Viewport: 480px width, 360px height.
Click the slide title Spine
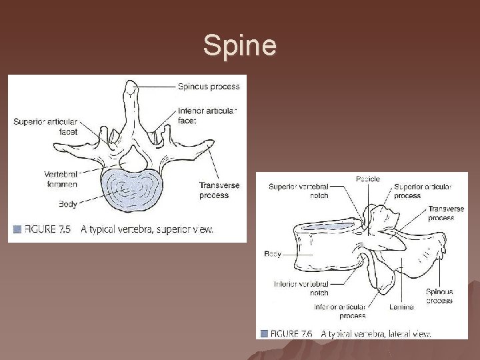[x=239, y=46]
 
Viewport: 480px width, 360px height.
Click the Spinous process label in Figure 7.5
[x=207, y=85]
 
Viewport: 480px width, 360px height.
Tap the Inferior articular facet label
[x=207, y=116]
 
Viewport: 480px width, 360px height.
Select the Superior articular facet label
[x=45, y=127]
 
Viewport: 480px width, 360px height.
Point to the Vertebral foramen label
[x=61, y=179]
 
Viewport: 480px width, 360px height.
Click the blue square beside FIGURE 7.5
[x=17, y=229]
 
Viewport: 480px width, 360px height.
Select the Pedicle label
[x=367, y=179]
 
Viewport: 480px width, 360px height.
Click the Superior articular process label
[x=422, y=191]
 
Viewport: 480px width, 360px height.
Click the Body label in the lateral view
[x=273, y=254]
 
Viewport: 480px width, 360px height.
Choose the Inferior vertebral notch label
[x=301, y=288]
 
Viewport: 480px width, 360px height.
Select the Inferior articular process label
[x=340, y=311]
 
